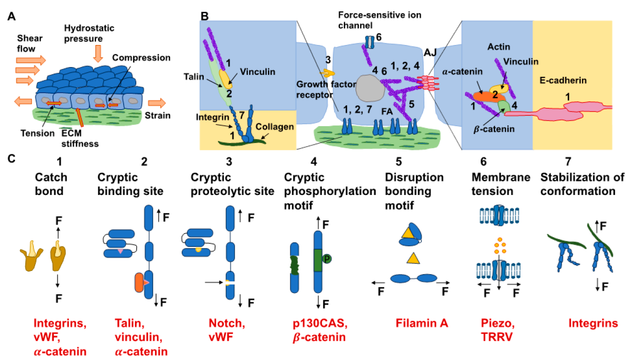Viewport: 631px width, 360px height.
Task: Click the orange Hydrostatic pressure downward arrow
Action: (98, 53)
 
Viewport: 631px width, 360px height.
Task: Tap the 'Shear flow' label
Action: (30, 44)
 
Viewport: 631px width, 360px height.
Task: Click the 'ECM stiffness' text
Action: (80, 138)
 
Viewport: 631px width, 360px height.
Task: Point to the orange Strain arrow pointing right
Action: (157, 103)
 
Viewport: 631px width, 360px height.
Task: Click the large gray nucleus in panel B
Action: (370, 88)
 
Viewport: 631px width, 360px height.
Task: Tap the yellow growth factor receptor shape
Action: (327, 73)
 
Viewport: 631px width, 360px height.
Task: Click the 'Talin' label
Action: (193, 77)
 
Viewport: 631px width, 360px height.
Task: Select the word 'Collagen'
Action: (275, 127)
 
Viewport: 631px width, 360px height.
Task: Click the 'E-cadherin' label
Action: (563, 80)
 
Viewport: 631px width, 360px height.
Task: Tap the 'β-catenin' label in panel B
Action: (494, 129)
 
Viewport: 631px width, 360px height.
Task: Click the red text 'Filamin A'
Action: (422, 323)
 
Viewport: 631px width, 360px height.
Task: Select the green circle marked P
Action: (327, 258)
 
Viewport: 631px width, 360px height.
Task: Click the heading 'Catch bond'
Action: (51, 184)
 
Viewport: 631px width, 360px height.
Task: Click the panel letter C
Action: (12, 159)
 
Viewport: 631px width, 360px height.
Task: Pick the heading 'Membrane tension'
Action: (501, 184)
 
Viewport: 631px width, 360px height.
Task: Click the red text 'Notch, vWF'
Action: (227, 330)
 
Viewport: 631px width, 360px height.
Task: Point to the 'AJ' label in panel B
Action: (430, 52)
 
